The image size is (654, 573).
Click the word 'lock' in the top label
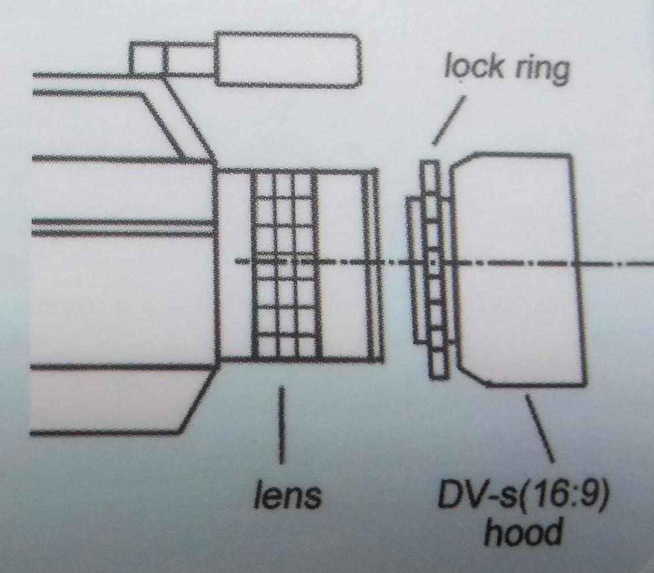coord(473,67)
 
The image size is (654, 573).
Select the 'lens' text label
coord(288,495)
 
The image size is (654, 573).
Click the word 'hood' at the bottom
coord(523,532)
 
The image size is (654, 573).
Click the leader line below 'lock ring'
coord(449,120)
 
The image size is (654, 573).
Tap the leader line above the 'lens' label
coord(283,425)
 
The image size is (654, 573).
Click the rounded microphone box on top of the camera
coord(288,60)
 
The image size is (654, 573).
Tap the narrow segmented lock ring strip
coord(434,269)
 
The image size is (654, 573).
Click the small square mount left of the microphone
coord(146,58)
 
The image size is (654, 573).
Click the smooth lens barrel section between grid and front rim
coord(340,264)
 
